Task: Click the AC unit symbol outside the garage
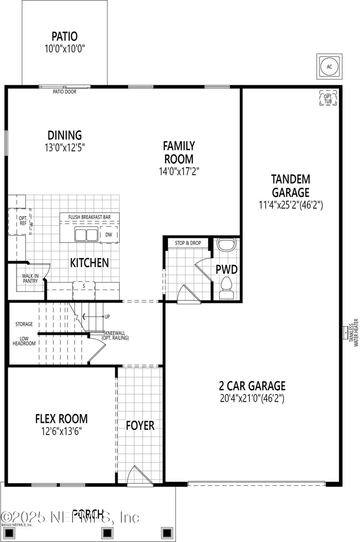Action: tap(329, 67)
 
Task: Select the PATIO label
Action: tap(64, 36)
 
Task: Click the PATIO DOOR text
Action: tap(64, 92)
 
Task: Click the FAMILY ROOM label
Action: tap(179, 152)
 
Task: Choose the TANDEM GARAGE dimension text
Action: tap(291, 205)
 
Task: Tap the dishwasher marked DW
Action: tap(109, 234)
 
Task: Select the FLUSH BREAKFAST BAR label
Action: tap(89, 217)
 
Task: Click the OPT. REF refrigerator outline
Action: tap(18, 222)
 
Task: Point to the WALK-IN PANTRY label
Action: tap(30, 278)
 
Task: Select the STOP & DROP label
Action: tap(188, 243)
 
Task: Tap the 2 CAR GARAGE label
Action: tap(252, 385)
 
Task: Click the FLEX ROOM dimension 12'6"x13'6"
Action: tap(62, 430)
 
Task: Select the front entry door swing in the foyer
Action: tap(135, 475)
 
